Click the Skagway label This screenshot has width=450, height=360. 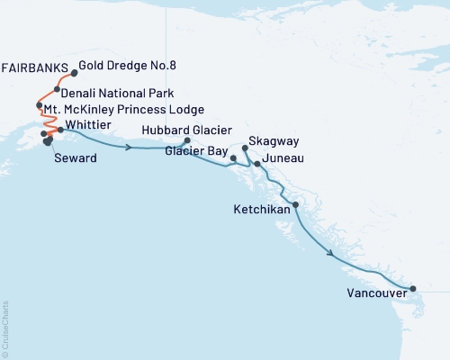click(x=274, y=143)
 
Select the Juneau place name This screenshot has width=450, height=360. click(x=285, y=158)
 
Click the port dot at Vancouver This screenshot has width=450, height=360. click(x=413, y=289)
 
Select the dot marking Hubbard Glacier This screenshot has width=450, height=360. click(x=187, y=140)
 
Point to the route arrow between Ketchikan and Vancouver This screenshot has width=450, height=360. click(x=335, y=256)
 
